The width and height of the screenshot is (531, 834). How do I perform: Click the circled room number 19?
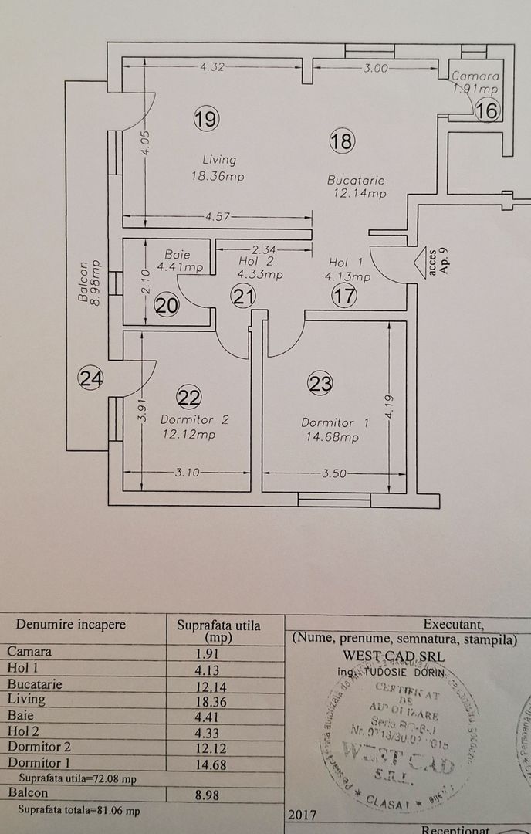tap(207, 119)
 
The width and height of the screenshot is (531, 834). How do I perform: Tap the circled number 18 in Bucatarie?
tap(341, 141)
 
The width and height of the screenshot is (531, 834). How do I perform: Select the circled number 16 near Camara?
tap(487, 110)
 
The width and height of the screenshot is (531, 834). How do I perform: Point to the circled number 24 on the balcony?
tap(90, 378)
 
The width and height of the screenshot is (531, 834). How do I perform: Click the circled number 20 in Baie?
tap(166, 306)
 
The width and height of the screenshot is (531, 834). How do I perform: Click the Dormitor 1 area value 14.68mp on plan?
tap(330, 438)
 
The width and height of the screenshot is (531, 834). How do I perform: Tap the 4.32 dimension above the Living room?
tap(211, 67)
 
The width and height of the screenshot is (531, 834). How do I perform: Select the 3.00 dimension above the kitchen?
tap(376, 68)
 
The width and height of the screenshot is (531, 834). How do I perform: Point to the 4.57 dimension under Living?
tap(217, 216)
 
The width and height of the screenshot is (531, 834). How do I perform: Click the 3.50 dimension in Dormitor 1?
tap(333, 474)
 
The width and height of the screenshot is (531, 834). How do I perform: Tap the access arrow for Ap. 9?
tap(421, 263)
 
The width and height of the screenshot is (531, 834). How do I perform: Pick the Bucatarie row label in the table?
tap(35, 684)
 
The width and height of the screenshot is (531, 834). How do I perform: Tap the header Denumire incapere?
tap(70, 625)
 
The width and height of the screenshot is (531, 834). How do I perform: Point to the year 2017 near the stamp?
tap(300, 814)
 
